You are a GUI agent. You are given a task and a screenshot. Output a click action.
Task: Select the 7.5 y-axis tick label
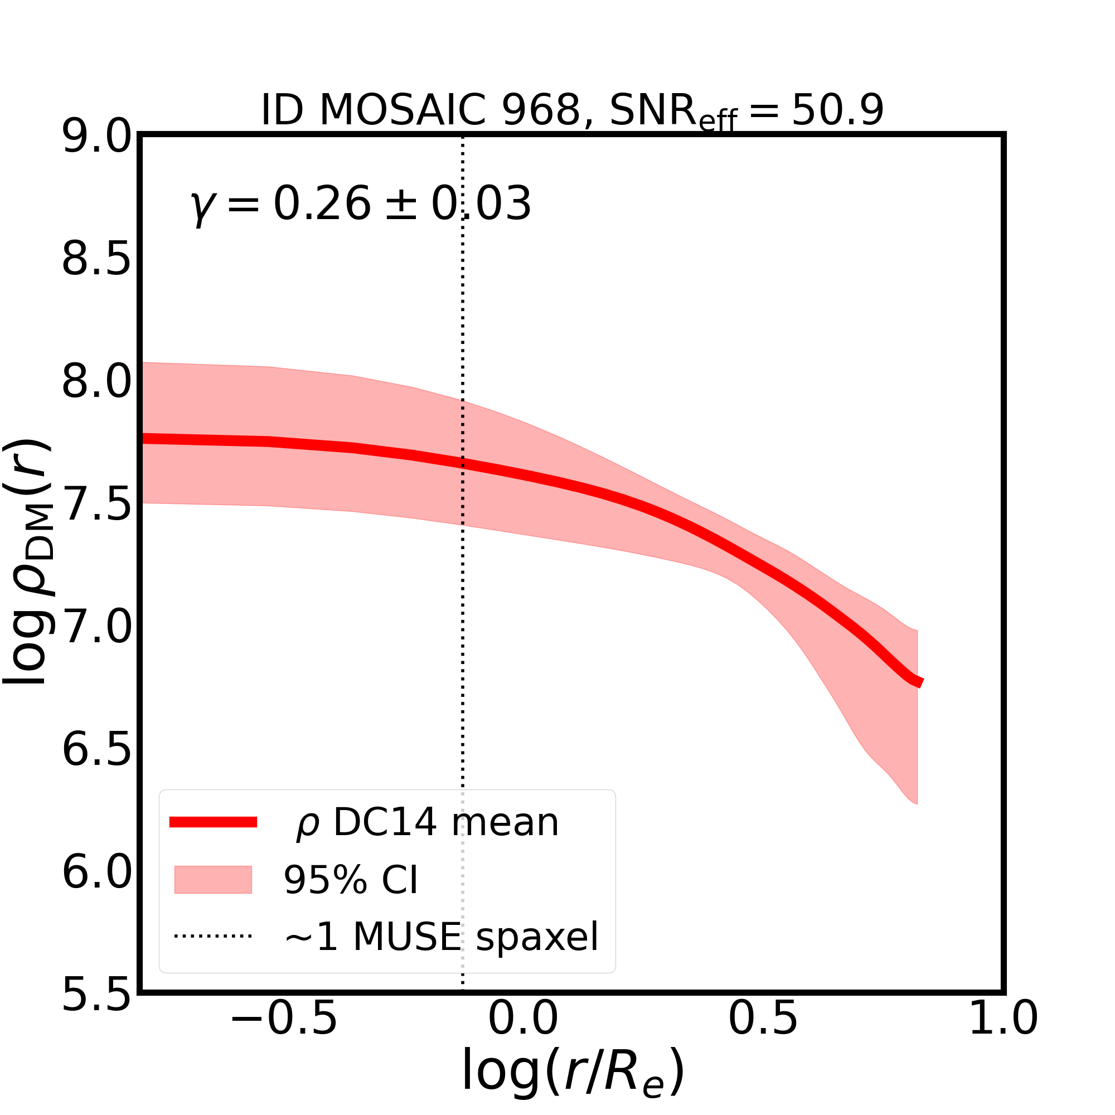[96, 505]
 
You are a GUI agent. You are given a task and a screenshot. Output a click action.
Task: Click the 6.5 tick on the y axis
[96, 750]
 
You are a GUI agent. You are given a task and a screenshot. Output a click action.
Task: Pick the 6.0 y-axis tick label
[96, 872]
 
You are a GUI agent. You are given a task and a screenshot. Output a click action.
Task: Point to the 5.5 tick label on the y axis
[96, 996]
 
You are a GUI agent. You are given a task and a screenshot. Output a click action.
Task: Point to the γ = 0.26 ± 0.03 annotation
[361, 204]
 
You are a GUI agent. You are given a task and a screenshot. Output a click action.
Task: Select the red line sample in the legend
[213, 822]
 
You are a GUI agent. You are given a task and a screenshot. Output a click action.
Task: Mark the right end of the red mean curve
[921, 683]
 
